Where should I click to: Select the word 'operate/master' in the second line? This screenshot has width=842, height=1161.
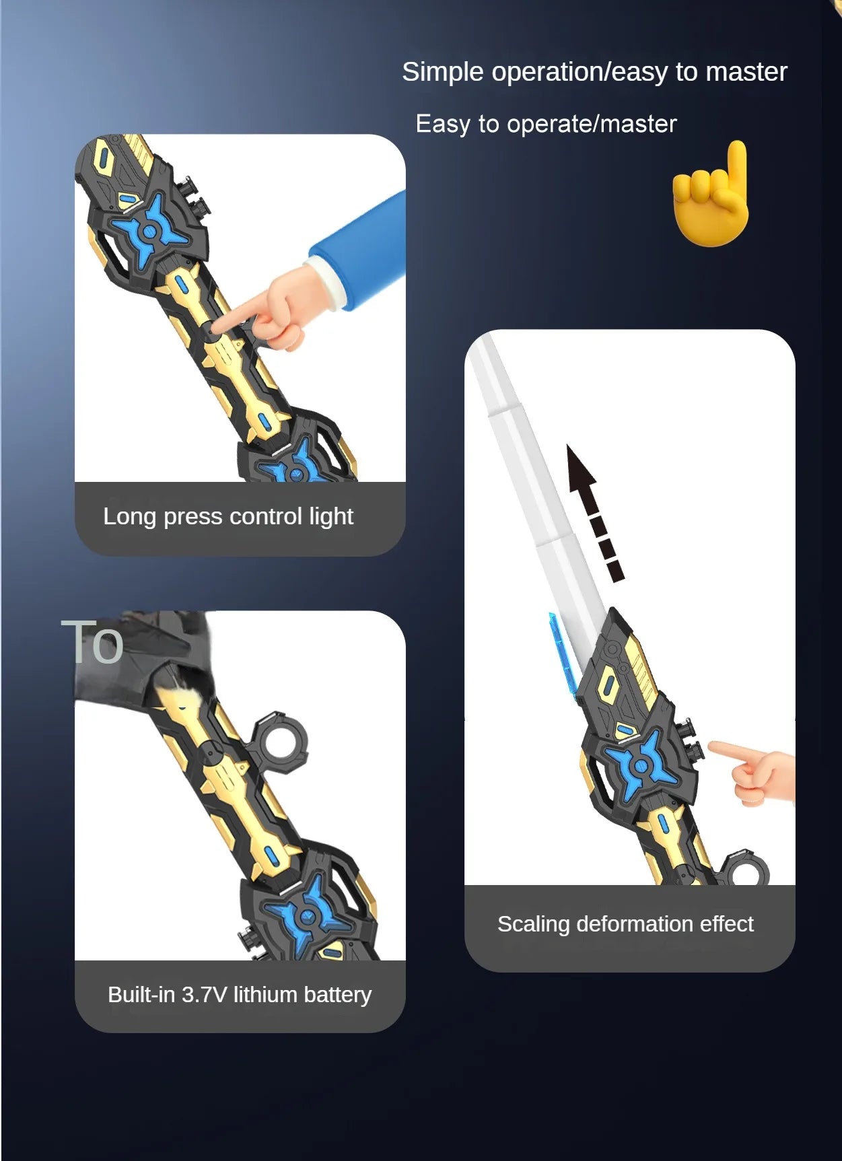(x=592, y=125)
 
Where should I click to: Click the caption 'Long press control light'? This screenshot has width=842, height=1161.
(x=227, y=517)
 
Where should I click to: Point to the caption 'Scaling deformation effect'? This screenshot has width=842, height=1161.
(x=625, y=924)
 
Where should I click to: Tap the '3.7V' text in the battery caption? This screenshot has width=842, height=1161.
(x=204, y=995)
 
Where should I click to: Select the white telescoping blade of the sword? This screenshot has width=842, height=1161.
(x=532, y=485)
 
